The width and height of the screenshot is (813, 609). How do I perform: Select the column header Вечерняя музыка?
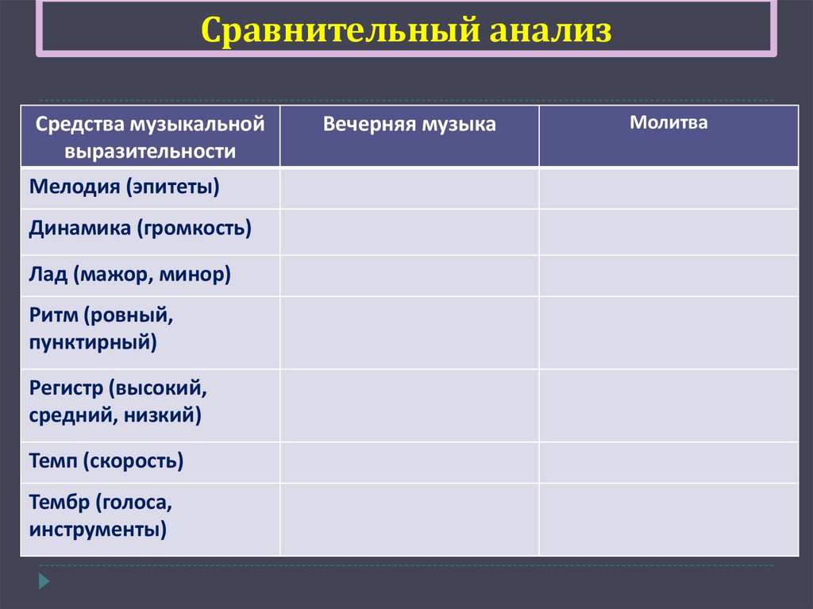[409, 124]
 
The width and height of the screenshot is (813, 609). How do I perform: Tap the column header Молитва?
[669, 123]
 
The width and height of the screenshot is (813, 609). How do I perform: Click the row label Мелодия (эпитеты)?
[124, 187]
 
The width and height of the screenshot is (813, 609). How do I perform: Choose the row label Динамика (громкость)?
[140, 229]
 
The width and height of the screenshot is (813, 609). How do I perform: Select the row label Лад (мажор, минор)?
[130, 275]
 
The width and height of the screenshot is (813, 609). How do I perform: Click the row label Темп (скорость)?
[106, 461]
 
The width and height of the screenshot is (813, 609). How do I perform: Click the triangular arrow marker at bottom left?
[44, 580]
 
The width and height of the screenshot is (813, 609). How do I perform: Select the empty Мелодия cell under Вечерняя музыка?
[409, 188]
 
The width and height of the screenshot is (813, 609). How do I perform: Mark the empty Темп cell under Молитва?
[669, 462]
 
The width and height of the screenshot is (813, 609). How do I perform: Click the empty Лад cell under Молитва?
[669, 276]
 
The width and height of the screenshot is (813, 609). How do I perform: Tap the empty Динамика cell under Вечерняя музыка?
[409, 231]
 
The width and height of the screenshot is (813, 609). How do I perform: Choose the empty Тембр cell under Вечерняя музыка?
[409, 518]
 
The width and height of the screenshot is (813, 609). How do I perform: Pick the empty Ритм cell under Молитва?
[669, 332]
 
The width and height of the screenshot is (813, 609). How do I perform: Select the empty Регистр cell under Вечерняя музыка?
[409, 405]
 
